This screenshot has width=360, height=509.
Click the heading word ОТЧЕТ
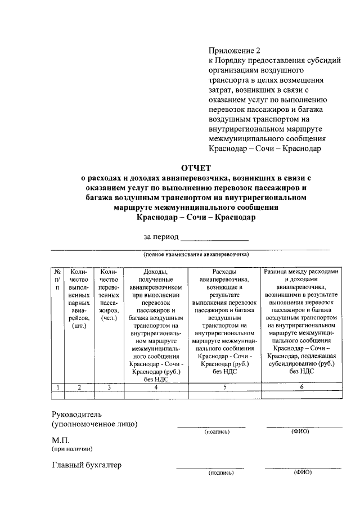pos(195,168)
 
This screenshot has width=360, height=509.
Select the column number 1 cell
pos(57,386)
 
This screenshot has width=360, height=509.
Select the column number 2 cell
pos(79,386)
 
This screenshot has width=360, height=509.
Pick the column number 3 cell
pos(109,386)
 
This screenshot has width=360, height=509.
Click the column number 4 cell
pos(156,386)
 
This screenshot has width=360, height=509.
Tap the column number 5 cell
pos(224,386)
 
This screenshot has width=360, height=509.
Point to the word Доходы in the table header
pos(156,272)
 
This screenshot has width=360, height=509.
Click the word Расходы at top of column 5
pos(224,272)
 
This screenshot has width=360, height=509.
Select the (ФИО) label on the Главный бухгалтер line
pos(302,472)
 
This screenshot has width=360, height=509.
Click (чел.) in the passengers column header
pos(109,318)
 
